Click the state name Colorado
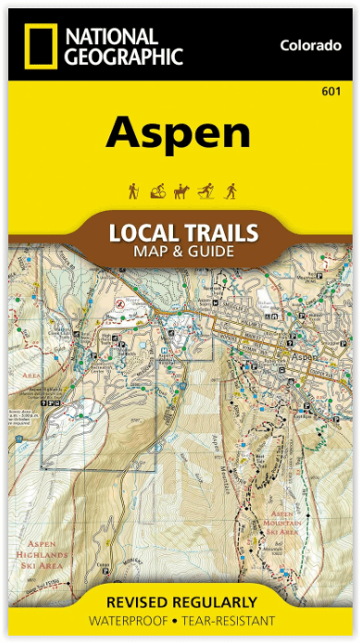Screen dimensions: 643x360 310,45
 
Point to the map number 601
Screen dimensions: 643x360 329,90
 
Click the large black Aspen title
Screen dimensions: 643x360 178,134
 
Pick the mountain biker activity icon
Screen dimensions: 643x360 156,192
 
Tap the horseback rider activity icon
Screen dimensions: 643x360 181,192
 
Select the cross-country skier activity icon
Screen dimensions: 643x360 206,192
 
